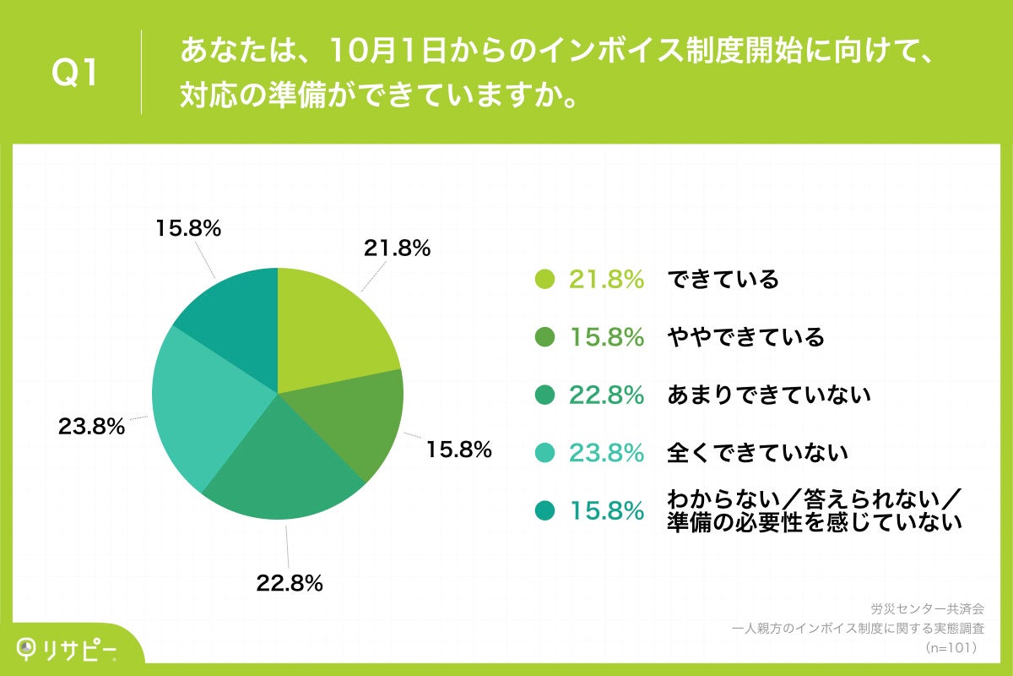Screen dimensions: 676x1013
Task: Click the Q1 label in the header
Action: click(x=75, y=73)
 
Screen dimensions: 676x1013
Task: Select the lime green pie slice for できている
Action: click(x=333, y=330)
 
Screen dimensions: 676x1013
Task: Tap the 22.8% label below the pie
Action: click(x=290, y=582)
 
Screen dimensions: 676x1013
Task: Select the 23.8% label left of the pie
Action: click(x=91, y=427)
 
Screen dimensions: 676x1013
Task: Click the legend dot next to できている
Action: click(x=545, y=280)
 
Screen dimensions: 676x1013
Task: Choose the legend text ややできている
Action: click(x=745, y=338)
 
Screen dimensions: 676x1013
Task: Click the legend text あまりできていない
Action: click(x=768, y=395)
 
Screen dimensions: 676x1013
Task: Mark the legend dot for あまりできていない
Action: click(x=545, y=395)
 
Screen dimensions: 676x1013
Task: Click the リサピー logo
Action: click(x=68, y=648)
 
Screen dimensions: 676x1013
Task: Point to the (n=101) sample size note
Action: click(x=951, y=647)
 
